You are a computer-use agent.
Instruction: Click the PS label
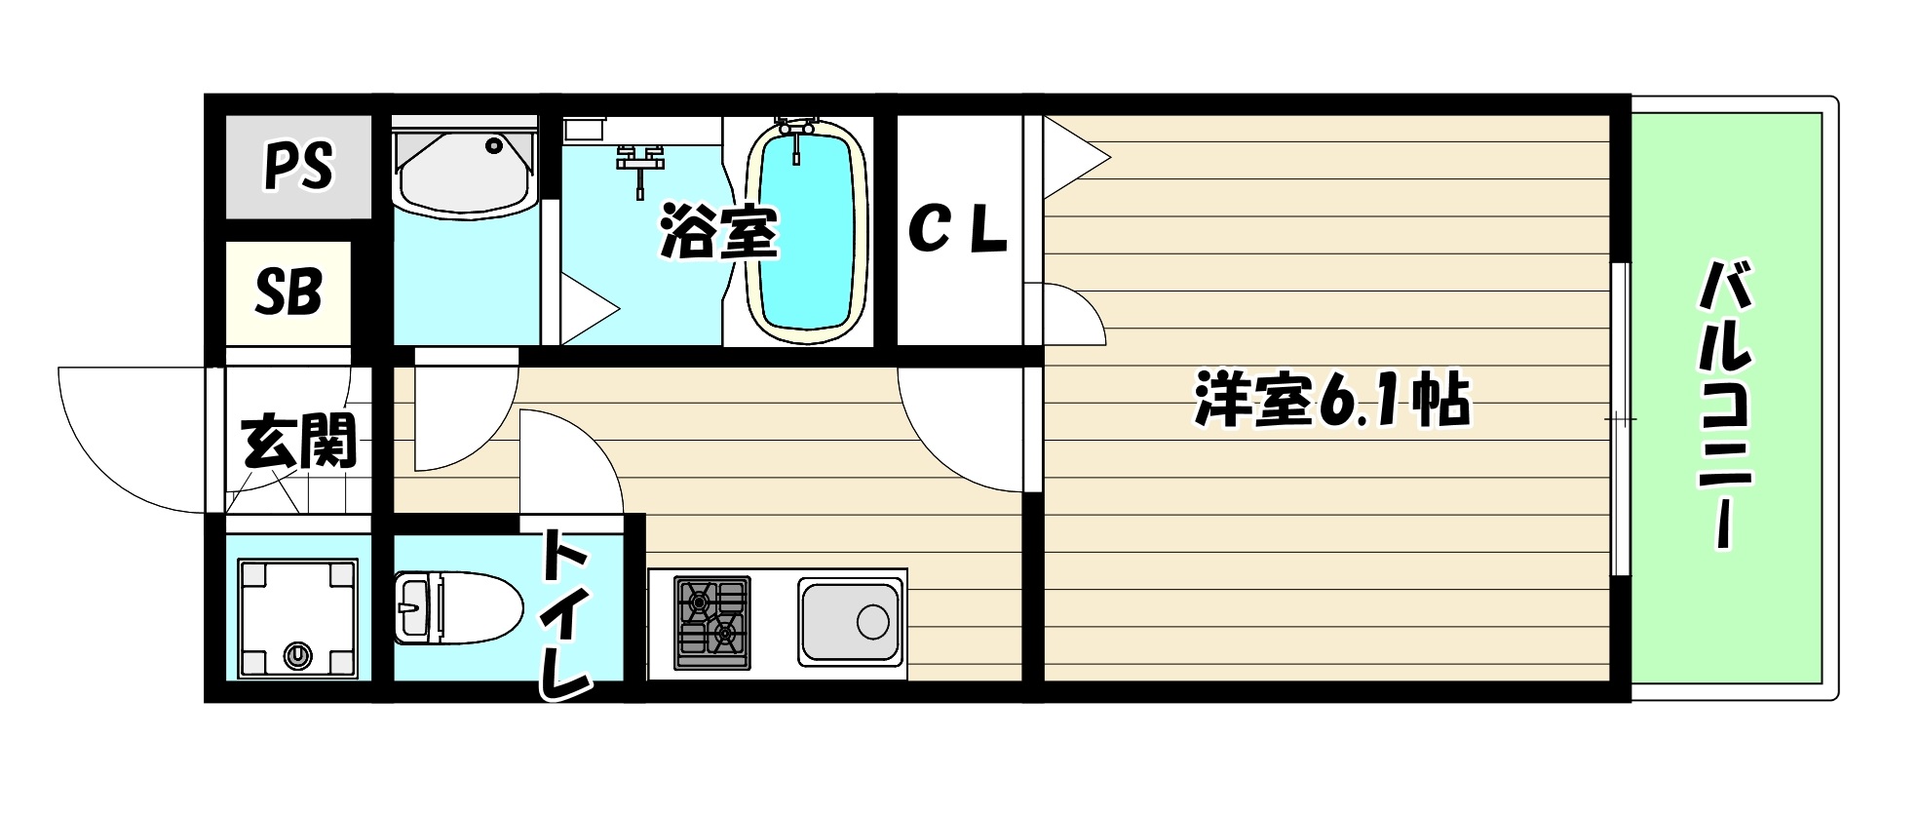pyautogui.click(x=298, y=166)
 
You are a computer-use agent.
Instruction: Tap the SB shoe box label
pyautogui.click(x=288, y=291)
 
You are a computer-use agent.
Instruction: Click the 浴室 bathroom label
pyautogui.click(x=719, y=232)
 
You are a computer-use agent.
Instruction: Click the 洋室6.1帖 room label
pyautogui.click(x=1331, y=401)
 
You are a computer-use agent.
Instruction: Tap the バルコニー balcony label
pyautogui.click(x=1726, y=404)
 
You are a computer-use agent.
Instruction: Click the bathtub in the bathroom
pyautogui.click(x=806, y=232)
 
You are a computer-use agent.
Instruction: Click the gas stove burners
pyautogui.click(x=712, y=623)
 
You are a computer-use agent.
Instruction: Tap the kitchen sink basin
pyautogui.click(x=849, y=621)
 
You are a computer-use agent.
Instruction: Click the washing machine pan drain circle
pyautogui.click(x=297, y=655)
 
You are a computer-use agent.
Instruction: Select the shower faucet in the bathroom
pyautogui.click(x=639, y=162)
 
